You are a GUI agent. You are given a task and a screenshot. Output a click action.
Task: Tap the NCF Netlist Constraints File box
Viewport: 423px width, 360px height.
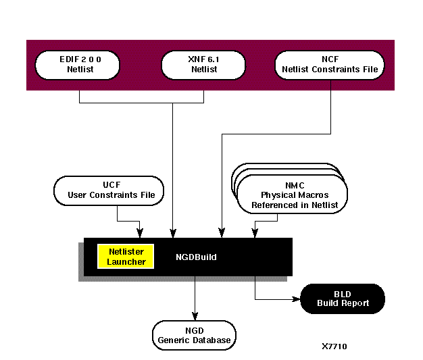[330, 64]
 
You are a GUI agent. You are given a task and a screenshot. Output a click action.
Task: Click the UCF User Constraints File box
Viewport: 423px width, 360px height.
[111, 190]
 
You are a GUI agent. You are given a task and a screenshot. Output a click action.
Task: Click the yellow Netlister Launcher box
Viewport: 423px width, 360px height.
[126, 256]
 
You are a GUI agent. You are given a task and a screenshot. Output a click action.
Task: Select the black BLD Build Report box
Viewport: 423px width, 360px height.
[343, 299]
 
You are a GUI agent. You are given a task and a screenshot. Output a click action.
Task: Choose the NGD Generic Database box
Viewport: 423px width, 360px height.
[195, 335]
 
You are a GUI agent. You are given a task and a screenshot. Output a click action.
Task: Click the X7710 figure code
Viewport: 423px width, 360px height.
[334, 346]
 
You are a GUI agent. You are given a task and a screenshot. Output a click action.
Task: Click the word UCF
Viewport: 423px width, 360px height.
[111, 184]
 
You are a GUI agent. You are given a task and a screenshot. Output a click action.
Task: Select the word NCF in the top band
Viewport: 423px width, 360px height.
[330, 58]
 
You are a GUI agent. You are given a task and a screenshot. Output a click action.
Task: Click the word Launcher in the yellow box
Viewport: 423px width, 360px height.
[126, 261]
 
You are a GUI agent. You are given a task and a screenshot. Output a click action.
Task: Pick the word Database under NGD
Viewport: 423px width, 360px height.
[213, 340]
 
